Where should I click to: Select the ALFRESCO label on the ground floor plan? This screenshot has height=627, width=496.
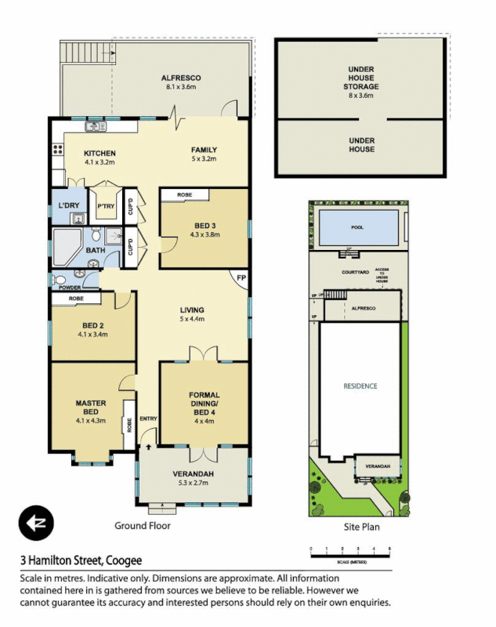(x=181, y=78)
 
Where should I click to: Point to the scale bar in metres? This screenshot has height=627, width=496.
(x=350, y=556)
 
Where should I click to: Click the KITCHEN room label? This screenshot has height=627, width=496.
(x=100, y=153)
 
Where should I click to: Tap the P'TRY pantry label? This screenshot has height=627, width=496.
(x=105, y=207)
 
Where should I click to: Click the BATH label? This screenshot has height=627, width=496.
(x=96, y=251)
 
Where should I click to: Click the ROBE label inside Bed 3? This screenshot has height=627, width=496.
(x=185, y=194)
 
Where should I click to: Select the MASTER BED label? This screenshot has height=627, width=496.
(x=91, y=408)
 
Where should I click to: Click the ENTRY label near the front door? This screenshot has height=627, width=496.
(x=148, y=419)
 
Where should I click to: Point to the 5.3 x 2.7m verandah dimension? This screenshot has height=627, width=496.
(x=193, y=484)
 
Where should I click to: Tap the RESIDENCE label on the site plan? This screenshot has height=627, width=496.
(x=360, y=386)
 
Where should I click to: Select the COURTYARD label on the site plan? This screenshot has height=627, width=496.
(x=355, y=271)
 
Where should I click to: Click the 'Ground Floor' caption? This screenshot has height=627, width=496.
(x=143, y=526)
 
